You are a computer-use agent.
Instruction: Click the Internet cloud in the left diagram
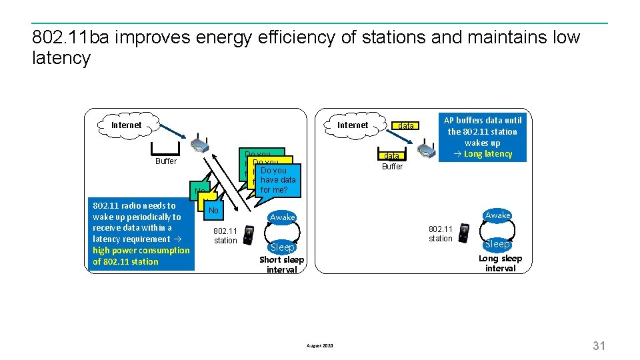tap(126, 125)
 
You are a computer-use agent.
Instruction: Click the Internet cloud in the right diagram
tap(352, 125)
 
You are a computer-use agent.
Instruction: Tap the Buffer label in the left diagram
tap(166, 161)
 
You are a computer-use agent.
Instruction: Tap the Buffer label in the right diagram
tap(392, 167)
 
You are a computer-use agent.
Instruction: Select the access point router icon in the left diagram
tap(201, 146)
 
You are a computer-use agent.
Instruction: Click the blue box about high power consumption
tap(141, 233)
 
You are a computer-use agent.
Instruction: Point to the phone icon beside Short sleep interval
tap(249, 235)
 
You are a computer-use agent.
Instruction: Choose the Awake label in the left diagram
tap(282, 217)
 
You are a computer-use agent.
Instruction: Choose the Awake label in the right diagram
tap(497, 215)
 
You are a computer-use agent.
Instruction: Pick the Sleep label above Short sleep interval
tap(282, 247)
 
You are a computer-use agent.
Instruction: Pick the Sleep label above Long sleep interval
tap(497, 244)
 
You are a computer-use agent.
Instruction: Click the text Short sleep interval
tap(281, 265)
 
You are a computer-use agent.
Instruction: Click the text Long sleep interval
tap(500, 263)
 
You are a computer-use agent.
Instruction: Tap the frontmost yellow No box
tap(213, 211)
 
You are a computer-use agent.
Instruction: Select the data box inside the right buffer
tap(389, 155)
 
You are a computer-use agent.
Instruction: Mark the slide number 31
tap(599, 345)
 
